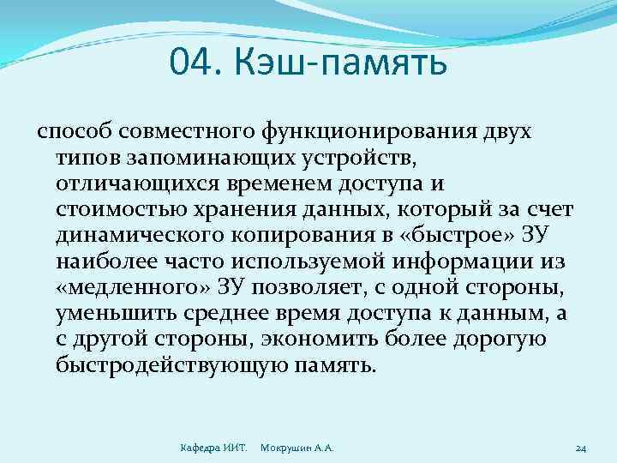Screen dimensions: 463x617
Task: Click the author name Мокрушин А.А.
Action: tap(297, 448)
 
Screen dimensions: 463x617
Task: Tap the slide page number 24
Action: tap(580, 448)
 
